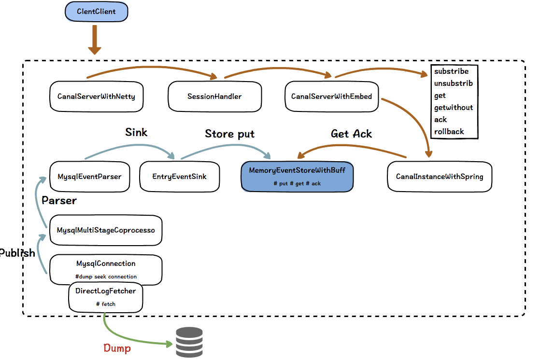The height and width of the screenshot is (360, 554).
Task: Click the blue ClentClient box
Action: (96, 12)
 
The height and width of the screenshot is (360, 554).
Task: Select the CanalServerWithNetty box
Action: (96, 96)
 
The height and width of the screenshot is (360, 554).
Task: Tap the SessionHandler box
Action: (214, 96)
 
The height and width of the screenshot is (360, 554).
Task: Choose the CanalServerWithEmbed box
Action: (331, 96)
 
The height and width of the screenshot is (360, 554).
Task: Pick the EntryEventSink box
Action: (179, 177)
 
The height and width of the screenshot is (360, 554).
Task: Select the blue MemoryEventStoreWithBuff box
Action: (297, 177)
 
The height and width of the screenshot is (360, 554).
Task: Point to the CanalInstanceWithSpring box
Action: (440, 177)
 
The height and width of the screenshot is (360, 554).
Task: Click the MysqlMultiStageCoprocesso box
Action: (106, 230)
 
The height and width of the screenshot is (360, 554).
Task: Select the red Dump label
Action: (117, 347)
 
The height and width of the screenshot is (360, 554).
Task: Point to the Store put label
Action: (229, 134)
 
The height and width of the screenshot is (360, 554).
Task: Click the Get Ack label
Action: (351, 134)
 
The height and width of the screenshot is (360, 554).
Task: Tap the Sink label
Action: (136, 132)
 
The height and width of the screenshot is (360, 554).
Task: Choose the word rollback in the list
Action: (449, 131)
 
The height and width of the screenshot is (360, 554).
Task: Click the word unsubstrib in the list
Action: (453, 83)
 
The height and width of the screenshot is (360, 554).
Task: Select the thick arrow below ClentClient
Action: (95, 40)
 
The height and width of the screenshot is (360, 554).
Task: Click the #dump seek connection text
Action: (106, 277)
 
